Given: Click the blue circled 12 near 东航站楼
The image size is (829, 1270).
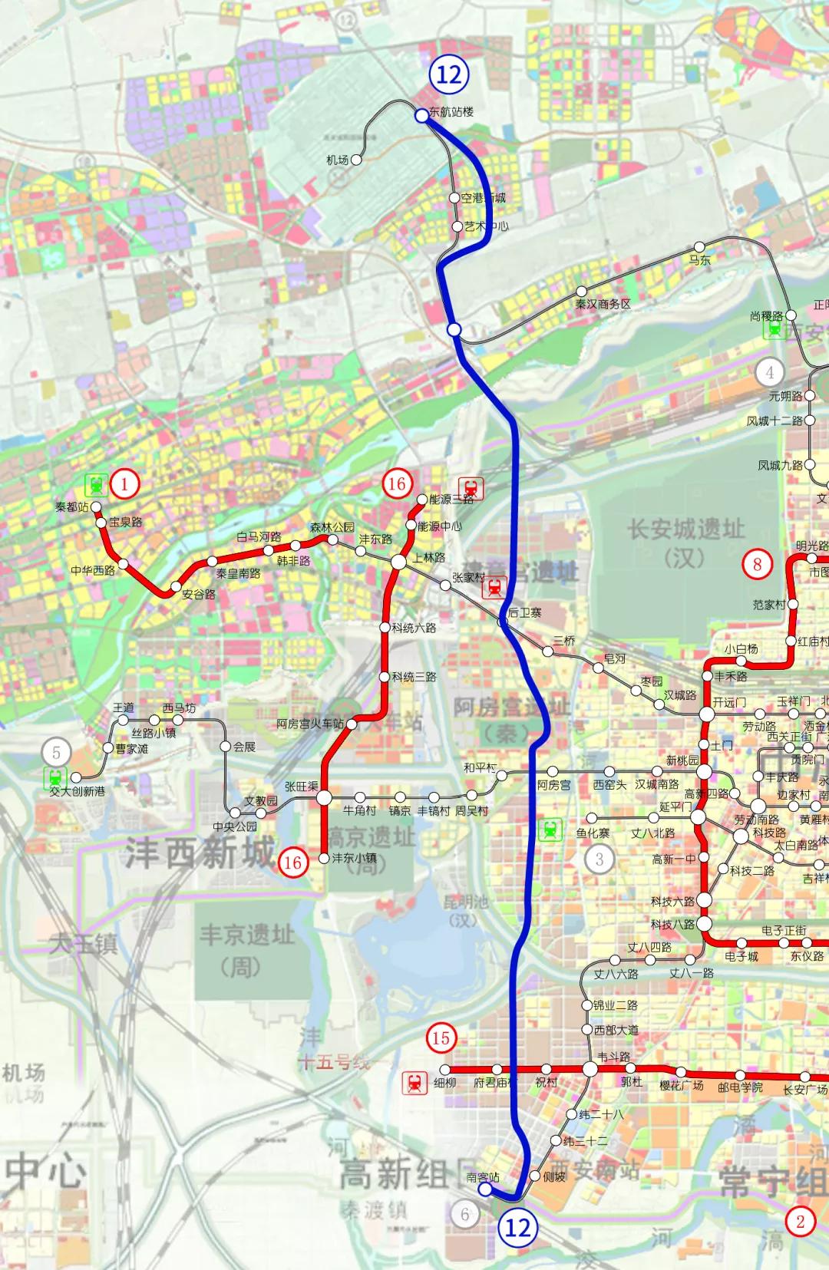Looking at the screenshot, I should [449, 74].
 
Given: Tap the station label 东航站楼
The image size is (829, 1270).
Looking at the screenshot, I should [451, 112].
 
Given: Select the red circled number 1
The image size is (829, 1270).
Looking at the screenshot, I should [124, 483].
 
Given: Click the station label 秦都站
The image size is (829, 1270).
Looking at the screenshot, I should [72, 507].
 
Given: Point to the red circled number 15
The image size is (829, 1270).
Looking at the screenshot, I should [441, 1038].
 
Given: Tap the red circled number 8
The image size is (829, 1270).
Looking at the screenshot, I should [757, 565].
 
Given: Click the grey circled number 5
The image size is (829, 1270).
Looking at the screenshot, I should [56, 753].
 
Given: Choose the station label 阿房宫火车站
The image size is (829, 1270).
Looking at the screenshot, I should [310, 724].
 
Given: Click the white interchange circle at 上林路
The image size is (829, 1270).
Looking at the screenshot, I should [398, 562].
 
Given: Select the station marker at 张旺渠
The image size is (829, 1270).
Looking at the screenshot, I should [324, 798].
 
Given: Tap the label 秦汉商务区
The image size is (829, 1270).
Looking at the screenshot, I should [603, 304].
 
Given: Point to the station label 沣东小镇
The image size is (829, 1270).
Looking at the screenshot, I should [354, 858].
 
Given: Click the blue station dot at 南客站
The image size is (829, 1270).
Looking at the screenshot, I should [484, 1189].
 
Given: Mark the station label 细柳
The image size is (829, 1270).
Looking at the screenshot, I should [445, 1083].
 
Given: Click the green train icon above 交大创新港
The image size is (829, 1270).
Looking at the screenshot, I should [56, 776].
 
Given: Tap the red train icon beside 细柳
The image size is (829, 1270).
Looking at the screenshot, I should [415, 1083].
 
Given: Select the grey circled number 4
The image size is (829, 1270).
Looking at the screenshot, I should [769, 373].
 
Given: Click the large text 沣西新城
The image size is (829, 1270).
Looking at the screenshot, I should [200, 853].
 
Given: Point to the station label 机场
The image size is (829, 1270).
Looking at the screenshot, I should [337, 160].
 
